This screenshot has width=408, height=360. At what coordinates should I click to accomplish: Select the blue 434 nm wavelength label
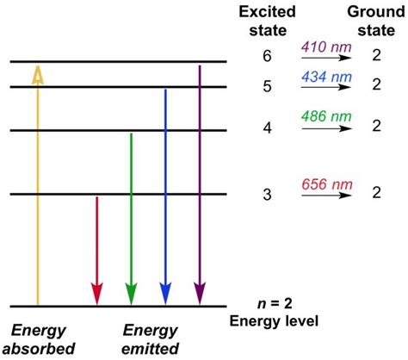(x=326, y=78)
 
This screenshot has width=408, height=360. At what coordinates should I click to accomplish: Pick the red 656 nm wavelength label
(x=326, y=184)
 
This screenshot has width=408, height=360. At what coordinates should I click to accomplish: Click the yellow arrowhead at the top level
(x=38, y=74)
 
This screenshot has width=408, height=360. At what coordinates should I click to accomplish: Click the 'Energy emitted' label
(x=151, y=338)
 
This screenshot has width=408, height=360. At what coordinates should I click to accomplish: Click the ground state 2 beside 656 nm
(x=374, y=194)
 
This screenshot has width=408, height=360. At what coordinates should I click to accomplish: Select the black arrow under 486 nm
(x=326, y=128)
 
